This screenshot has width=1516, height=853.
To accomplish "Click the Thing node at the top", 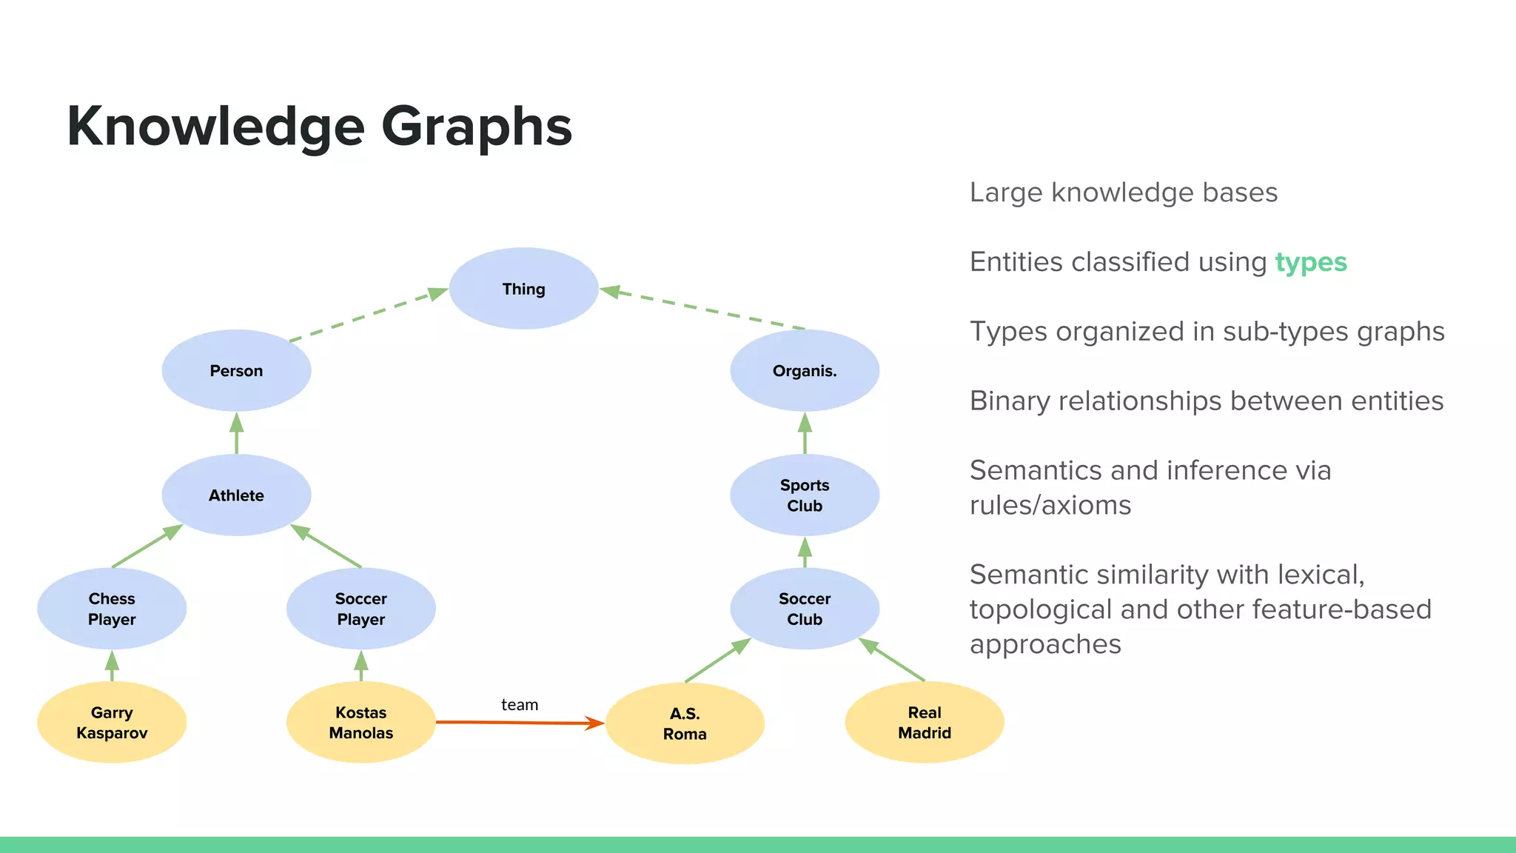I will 523,289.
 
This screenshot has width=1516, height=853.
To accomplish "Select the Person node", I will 236,370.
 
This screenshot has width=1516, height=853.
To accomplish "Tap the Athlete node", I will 236,495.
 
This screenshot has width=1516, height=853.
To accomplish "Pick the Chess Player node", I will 112,609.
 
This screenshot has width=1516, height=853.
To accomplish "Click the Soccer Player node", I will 360,609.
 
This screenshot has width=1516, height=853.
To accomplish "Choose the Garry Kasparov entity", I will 112,722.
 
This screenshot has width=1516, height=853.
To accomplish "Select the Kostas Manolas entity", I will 360,722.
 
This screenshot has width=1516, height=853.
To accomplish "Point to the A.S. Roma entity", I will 685,723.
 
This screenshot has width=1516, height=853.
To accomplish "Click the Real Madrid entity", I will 925,722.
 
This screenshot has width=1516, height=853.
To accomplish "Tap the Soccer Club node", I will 805,609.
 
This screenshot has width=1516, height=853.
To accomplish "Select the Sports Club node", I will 805,495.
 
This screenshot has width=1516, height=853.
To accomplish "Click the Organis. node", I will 805,370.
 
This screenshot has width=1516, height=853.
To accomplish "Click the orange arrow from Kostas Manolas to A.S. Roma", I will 518,722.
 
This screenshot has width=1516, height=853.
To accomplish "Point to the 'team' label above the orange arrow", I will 520,705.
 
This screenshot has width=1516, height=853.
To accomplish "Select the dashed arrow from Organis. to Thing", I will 703,308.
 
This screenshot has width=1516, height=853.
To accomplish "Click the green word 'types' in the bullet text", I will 1311,262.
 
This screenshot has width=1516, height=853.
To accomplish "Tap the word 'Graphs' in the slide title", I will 477,127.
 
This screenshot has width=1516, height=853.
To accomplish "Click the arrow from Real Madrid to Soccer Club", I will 892,660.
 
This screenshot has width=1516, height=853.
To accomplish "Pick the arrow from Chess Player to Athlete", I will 147,546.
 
